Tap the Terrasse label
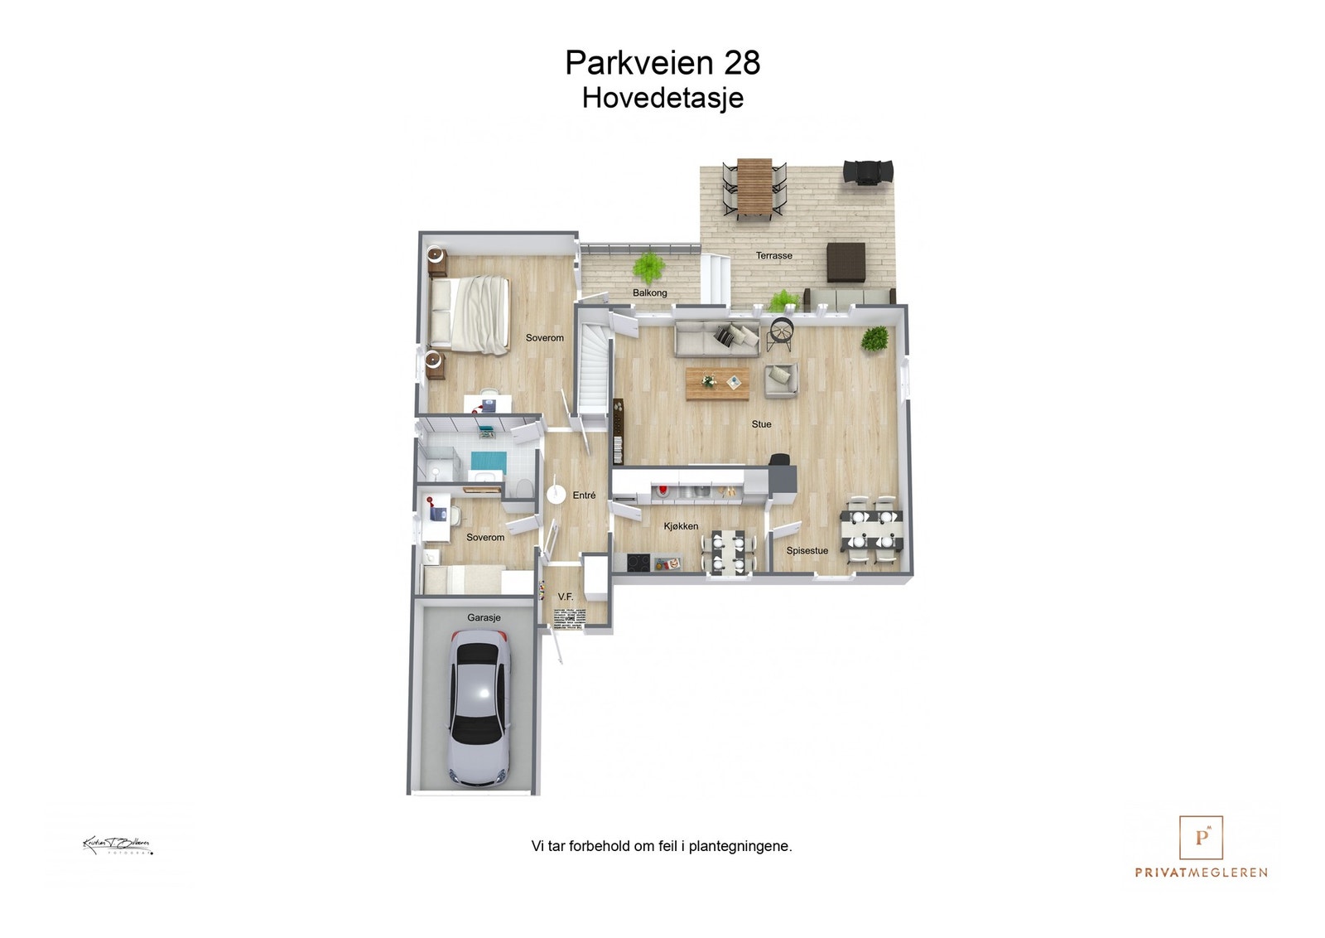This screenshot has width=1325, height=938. [x=773, y=255]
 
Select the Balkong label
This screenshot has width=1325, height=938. [x=649, y=293]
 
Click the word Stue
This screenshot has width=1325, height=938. [x=761, y=424]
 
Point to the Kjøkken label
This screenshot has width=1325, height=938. [x=681, y=526]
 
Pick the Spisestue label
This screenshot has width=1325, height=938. [x=807, y=550]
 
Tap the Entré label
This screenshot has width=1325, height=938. [x=584, y=496]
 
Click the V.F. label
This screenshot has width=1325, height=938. [x=566, y=597]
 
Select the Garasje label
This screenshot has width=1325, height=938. [x=484, y=617]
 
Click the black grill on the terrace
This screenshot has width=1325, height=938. [x=868, y=172]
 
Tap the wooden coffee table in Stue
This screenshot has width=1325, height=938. [x=717, y=383]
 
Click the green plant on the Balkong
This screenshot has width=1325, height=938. [x=648, y=267]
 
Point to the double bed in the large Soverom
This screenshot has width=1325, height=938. [x=469, y=315]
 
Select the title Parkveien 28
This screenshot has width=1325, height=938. [x=662, y=63]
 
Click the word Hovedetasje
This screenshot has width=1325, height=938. [x=662, y=98]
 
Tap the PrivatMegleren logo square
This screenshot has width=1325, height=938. [x=1201, y=837]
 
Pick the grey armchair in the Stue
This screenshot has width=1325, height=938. [x=780, y=380]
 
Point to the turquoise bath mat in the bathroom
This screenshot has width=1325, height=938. [x=488, y=461]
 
